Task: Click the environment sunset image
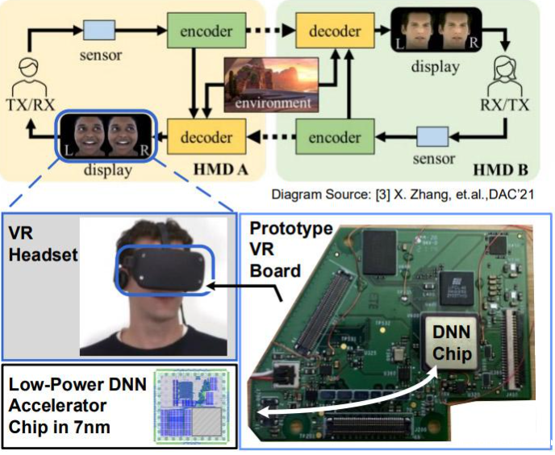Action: coord(269,84)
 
